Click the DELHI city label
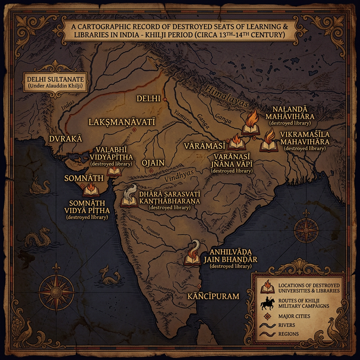coord(148,98)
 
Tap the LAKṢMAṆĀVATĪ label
coord(122,121)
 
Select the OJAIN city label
coord(153,163)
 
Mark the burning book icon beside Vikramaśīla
coord(269,141)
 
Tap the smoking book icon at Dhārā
coord(130,196)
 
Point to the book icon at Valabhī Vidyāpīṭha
coord(114,170)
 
